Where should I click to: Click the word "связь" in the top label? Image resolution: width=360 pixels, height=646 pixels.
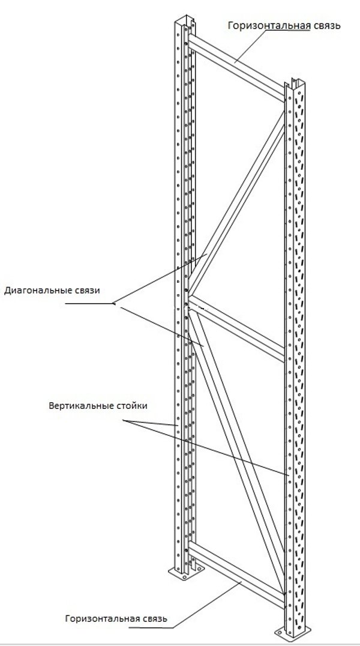click(x=326, y=26)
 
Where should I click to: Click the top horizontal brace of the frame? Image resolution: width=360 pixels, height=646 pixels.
click(x=236, y=68)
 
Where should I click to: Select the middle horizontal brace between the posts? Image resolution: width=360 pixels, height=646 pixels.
click(x=236, y=329)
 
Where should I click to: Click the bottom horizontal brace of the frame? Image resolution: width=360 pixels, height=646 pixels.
click(x=236, y=575)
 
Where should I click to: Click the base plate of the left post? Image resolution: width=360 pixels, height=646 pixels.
click(x=187, y=573)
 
